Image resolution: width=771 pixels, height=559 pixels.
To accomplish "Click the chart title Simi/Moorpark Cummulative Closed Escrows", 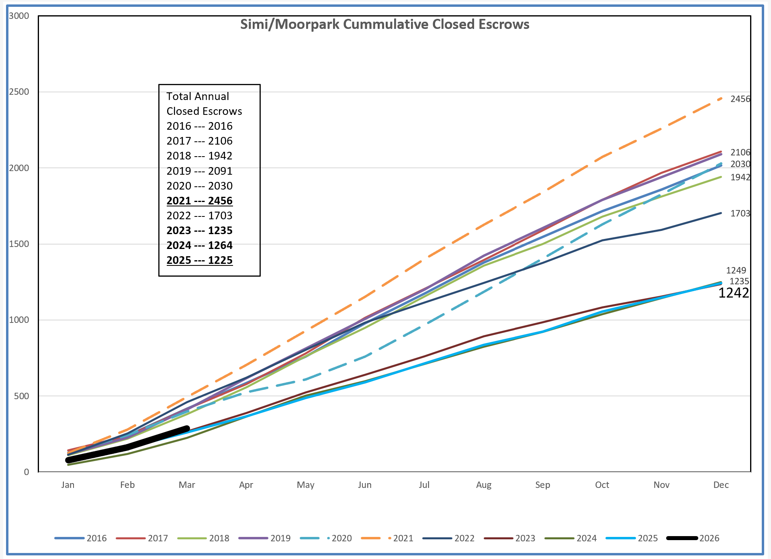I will point(384,24).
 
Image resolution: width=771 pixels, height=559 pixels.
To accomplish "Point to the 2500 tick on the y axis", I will point(19,92).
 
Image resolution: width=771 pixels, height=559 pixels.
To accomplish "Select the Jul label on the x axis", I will point(424,485).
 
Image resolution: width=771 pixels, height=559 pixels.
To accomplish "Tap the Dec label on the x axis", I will point(721,485).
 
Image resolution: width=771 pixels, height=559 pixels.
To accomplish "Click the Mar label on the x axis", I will point(187,485).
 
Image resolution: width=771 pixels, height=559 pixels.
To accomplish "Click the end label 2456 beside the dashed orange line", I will point(740,99).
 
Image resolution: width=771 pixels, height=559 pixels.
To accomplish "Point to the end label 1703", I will point(740,213).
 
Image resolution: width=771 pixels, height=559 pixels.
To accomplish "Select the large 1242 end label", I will point(733,293).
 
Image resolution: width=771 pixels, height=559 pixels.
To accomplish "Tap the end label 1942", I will point(740,177).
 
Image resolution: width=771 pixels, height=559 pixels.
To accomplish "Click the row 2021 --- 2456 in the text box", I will point(199,201).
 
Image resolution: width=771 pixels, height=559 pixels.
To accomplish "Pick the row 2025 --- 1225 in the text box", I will point(199,260).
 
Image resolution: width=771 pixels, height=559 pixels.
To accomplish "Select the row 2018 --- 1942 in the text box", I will point(199,156).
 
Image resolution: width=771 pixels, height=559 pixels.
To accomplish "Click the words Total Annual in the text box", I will point(198,96).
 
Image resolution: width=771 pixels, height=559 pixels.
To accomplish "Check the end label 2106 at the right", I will point(740,152).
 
